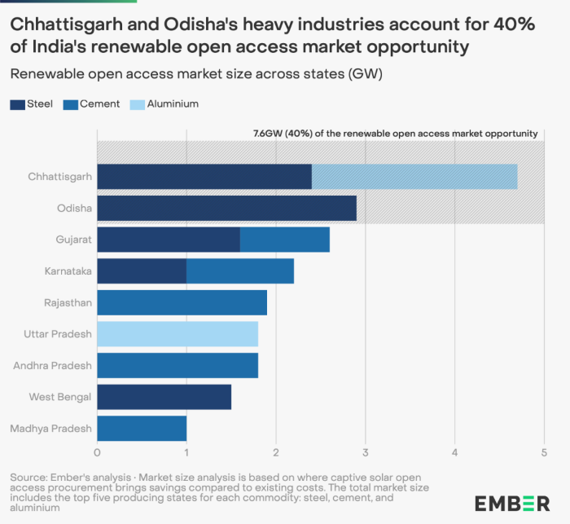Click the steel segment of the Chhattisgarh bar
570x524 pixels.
coord(204,176)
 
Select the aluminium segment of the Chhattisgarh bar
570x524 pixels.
coord(414,176)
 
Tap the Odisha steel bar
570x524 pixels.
coord(226,208)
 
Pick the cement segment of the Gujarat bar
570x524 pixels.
coord(285,240)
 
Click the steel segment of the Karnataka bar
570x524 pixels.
coord(142,271)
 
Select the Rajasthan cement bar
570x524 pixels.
coord(182,302)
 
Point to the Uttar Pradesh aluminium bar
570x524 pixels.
coord(178,334)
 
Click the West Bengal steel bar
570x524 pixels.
coord(164,397)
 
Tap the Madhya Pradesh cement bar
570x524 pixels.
coord(142,429)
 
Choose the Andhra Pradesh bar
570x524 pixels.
coord(178,366)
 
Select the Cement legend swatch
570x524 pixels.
coord(71,104)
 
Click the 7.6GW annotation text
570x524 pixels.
coord(395,133)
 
